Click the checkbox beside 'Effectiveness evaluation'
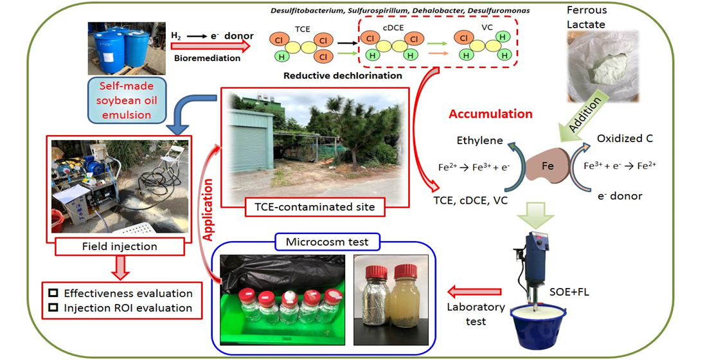tap(53, 292)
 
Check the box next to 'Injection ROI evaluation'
tap(53, 308)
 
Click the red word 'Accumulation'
tap(490, 114)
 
